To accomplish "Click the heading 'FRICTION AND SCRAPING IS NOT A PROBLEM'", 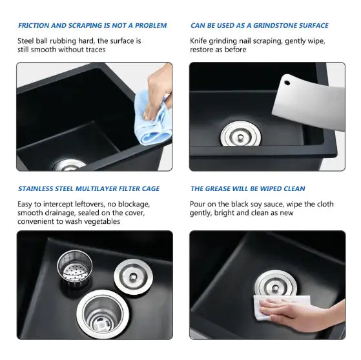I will (x=92, y=26).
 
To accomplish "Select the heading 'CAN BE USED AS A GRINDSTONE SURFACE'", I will (x=259, y=26).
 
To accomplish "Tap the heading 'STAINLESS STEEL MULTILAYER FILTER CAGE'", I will (x=88, y=189).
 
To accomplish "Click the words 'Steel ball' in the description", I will (x=36, y=41).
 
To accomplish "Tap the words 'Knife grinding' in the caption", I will (x=218, y=41).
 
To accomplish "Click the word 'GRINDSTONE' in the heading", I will (x=273, y=26).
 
